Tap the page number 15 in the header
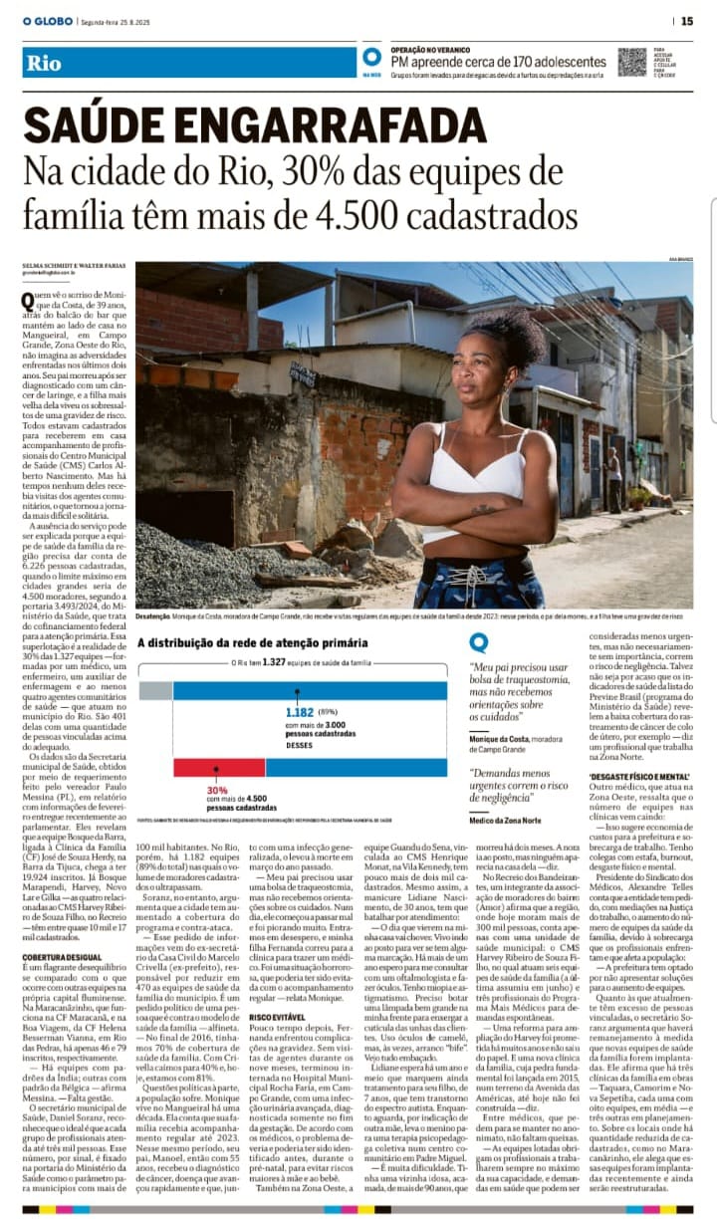[687, 20]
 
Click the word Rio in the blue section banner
[45, 63]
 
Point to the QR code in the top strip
[630, 61]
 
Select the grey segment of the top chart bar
[155, 690]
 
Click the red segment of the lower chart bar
[205, 767]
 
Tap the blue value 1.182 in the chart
[299, 712]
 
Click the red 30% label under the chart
[217, 789]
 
